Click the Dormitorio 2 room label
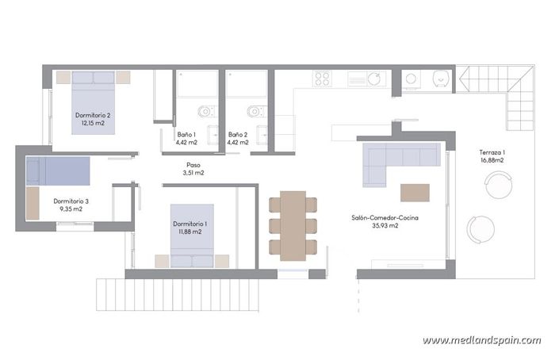pyautogui.click(x=93, y=116)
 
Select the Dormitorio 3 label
pyautogui.click(x=71, y=201)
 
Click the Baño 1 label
pyautogui.click(x=186, y=135)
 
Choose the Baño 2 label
pyautogui.click(x=238, y=135)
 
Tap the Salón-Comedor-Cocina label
pyautogui.click(x=386, y=217)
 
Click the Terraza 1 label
pyautogui.click(x=492, y=152)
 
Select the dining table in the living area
pyautogui.click(x=293, y=225)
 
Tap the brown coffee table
pyautogui.click(x=415, y=193)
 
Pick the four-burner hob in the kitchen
pyautogui.click(x=321, y=79)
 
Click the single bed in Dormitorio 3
pyautogui.click(x=57, y=171)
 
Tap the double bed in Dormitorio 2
pyautogui.click(x=94, y=101)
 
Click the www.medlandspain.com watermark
pyautogui.click(x=481, y=340)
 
